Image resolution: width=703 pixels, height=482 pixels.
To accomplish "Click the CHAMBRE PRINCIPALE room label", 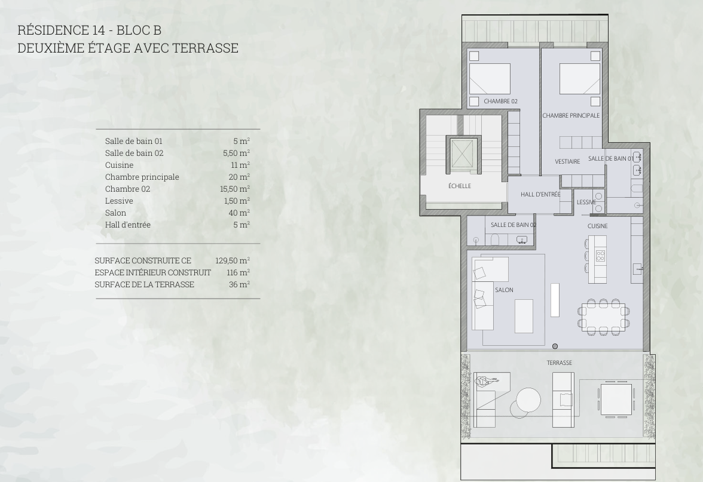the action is (571, 116).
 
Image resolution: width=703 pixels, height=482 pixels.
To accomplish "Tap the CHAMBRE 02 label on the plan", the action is (500, 102).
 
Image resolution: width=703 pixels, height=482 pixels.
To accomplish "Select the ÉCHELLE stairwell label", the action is (460, 186).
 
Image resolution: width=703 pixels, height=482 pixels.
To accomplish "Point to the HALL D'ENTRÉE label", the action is (540, 195).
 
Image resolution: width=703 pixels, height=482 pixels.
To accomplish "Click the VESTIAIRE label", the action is (568, 162).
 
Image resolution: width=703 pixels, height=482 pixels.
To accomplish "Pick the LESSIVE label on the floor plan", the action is (586, 202).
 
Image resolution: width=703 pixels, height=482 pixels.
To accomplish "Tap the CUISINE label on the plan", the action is (598, 226).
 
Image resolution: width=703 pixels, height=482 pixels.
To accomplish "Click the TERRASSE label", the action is (559, 363).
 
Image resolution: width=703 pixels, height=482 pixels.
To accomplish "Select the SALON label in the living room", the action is (504, 290).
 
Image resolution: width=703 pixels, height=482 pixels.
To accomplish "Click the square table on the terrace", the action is (616, 399).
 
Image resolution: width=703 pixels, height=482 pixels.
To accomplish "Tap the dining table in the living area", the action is (603, 317).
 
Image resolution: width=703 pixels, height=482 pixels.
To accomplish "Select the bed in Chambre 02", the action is (490, 79).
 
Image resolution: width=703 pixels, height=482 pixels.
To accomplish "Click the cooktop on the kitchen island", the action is (600, 256).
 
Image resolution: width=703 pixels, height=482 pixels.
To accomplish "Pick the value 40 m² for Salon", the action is (239, 213).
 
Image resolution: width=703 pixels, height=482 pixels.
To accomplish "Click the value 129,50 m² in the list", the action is (232, 260).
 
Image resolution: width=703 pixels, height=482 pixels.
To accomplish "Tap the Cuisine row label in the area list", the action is (120, 165).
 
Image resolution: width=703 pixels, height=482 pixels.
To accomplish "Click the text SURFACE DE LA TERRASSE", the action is (145, 284).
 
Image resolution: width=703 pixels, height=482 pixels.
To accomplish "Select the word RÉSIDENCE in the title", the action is (53, 30).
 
